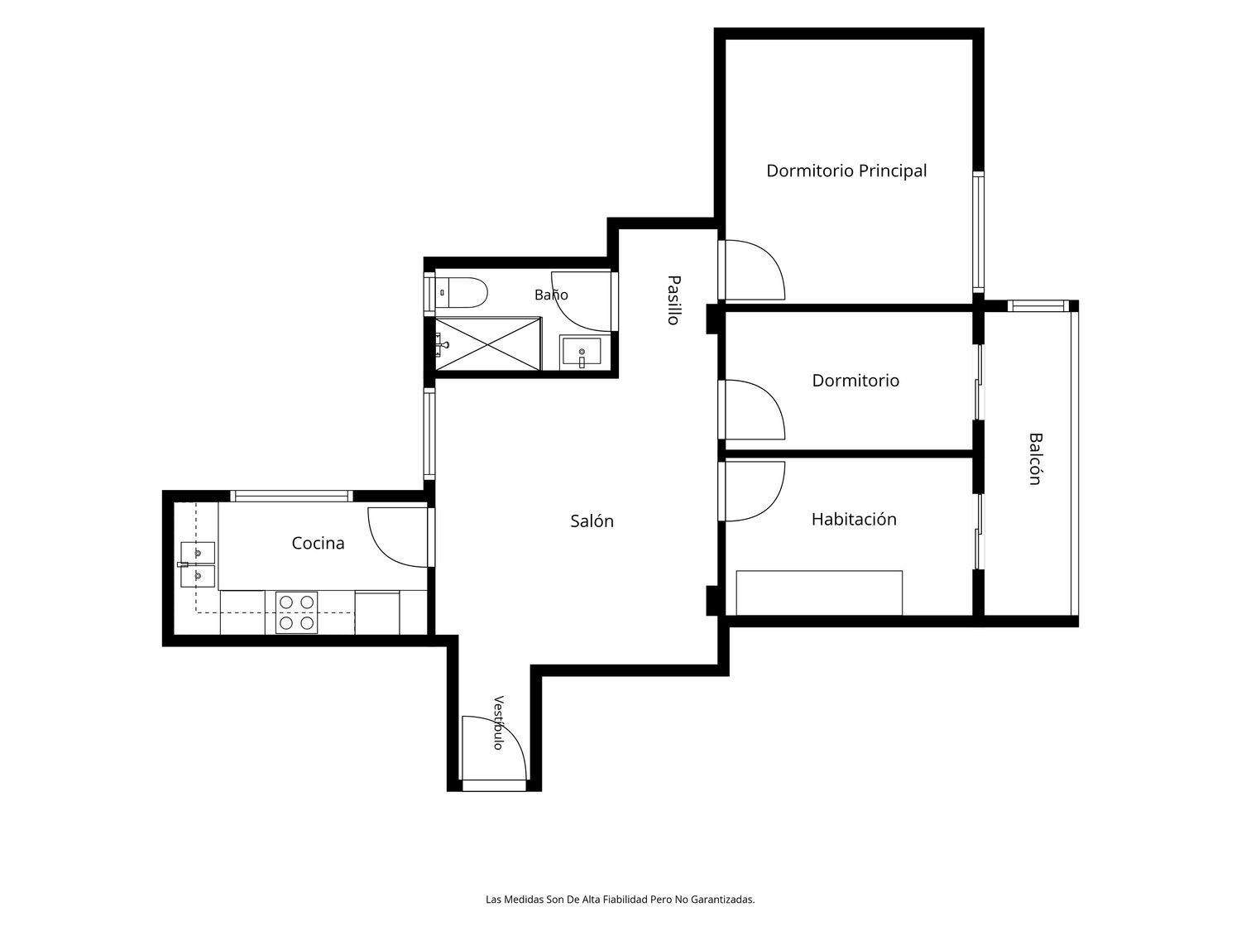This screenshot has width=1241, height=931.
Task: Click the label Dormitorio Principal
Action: click(846, 170)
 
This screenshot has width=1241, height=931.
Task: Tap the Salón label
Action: click(592, 521)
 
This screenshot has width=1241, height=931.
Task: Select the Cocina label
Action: click(318, 543)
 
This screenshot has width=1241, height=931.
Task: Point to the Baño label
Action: click(551, 294)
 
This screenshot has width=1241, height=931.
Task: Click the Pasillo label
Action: click(673, 300)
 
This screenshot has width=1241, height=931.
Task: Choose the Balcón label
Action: click(1034, 458)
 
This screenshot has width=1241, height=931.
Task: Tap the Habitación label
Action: click(854, 519)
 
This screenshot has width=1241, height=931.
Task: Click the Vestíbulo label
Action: click(498, 722)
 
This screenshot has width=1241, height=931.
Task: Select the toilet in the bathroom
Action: click(461, 292)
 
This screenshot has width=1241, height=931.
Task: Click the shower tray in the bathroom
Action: click(487, 344)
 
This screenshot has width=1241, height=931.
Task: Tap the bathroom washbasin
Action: click(582, 353)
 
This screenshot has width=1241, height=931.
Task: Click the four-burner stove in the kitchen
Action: click(296, 612)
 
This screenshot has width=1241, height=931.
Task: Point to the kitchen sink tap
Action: click(183, 564)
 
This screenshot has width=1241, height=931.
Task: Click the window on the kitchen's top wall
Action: click(291, 497)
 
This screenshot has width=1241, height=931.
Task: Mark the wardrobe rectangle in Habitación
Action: click(819, 593)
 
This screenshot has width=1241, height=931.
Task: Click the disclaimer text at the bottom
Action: click(620, 900)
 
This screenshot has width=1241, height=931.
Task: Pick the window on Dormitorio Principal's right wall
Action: click(978, 233)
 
